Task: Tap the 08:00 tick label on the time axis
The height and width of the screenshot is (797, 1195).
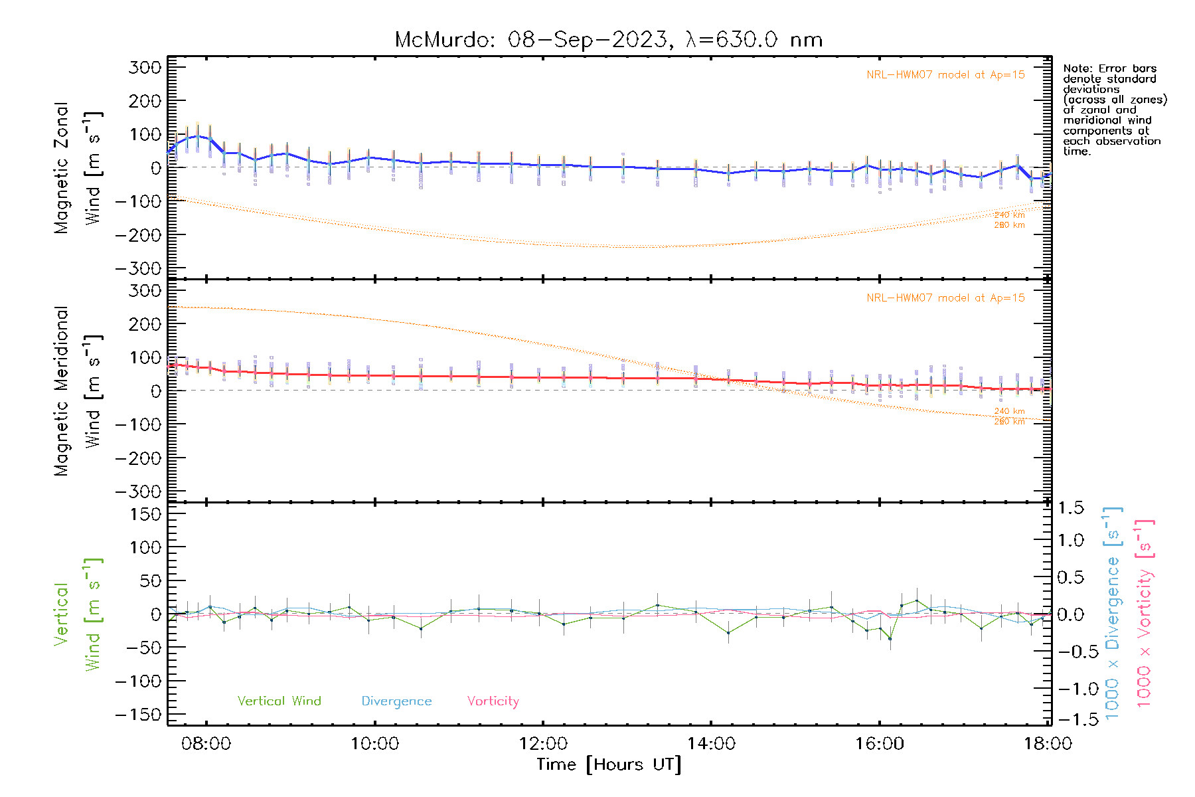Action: tap(206, 744)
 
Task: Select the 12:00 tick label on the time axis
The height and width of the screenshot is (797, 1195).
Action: tap(543, 744)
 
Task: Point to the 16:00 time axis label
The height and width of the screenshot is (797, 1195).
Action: tap(879, 744)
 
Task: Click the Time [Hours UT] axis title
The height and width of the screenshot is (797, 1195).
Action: tap(609, 764)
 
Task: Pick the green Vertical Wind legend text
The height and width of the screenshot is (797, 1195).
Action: tap(279, 701)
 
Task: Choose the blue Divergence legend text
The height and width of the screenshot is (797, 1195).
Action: tap(396, 701)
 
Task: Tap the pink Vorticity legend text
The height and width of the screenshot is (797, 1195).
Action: tap(493, 701)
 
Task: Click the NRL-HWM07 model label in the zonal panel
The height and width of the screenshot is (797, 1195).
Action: tap(945, 75)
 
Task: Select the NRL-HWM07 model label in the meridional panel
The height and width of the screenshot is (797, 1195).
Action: tap(945, 298)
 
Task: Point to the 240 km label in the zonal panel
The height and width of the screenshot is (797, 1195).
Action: tap(1009, 215)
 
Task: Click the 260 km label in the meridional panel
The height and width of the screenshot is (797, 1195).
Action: tap(1009, 422)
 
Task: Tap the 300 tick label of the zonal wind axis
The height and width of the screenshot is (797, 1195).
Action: tap(145, 67)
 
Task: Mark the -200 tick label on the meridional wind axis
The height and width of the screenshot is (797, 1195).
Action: tap(139, 458)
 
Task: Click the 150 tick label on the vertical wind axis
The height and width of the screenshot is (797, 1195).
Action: tap(145, 514)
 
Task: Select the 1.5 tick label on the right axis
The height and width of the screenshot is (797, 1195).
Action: tap(1070, 508)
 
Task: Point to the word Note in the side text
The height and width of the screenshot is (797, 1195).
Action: tap(1075, 68)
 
